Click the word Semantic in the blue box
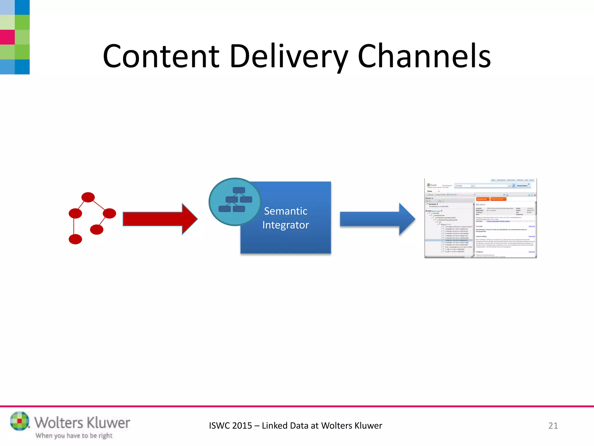(x=286, y=211)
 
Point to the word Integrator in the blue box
(x=286, y=225)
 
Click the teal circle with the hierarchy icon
(x=235, y=202)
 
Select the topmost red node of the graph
(x=88, y=197)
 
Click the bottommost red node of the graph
(x=75, y=239)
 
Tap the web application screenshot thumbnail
(x=480, y=218)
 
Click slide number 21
(x=553, y=426)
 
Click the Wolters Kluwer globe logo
(x=20, y=421)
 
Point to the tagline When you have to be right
(x=74, y=436)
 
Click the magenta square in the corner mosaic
(x=7, y=37)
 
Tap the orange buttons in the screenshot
(x=491, y=199)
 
